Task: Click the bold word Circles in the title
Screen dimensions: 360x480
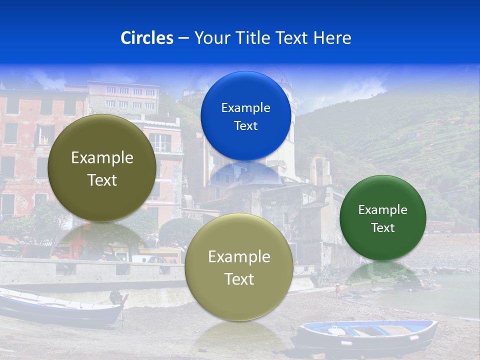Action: (x=147, y=38)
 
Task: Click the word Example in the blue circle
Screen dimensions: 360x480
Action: (x=245, y=108)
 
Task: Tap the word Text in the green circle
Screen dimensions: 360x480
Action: (x=383, y=228)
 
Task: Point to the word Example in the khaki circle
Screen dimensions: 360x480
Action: (x=239, y=257)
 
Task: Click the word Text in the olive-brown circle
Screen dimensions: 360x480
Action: (x=102, y=180)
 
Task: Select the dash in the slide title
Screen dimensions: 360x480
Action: (x=183, y=38)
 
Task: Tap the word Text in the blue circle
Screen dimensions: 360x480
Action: (x=245, y=126)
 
